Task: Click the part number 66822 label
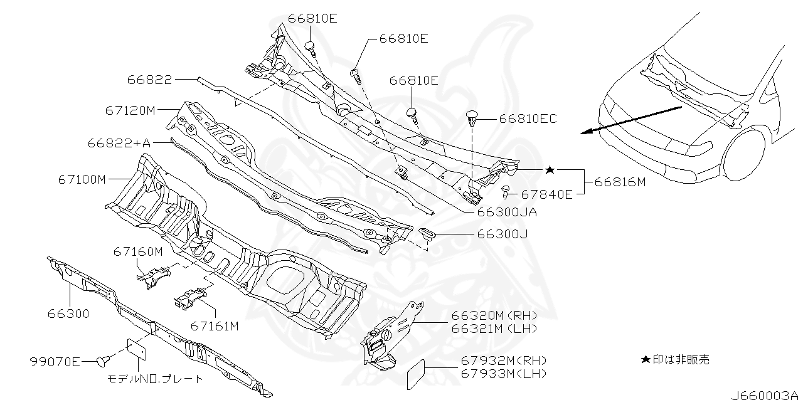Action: (x=149, y=79)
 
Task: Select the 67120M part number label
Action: (x=130, y=110)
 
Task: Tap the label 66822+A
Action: (x=119, y=143)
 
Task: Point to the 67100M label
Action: (x=82, y=179)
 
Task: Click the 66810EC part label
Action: (x=528, y=118)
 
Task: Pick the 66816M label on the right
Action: (x=620, y=182)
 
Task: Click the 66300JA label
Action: (x=507, y=212)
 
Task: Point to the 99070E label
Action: (x=55, y=361)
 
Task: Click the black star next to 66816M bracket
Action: (x=550, y=170)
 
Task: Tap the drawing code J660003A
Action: (x=765, y=394)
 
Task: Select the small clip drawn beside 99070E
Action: (x=103, y=360)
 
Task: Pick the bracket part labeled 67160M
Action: (x=153, y=276)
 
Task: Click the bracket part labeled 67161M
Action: (x=189, y=299)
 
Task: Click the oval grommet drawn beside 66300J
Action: (x=427, y=234)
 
